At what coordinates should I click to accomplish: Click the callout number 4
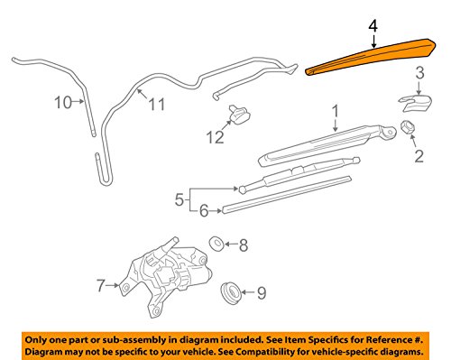coord(373,26)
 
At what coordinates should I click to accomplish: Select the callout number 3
coord(419,73)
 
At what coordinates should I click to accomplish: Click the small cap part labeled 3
coord(416,103)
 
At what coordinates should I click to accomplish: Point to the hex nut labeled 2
coord(409,127)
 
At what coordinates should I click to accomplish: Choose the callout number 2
coord(419,156)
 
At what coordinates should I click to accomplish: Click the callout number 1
coord(335,111)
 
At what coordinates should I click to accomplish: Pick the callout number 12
coord(216,137)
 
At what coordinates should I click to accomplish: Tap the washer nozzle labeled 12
coord(239,115)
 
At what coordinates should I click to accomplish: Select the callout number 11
coord(157,105)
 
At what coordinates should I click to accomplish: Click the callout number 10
coord(63,102)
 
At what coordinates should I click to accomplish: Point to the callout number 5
coord(179,199)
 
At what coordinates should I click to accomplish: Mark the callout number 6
coord(204,210)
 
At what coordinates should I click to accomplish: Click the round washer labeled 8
coord(216,244)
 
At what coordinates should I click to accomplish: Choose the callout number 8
coord(244,245)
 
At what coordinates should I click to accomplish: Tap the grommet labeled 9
coord(230,292)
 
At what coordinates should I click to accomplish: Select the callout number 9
coord(262,292)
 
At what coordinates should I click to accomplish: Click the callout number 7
coord(101,285)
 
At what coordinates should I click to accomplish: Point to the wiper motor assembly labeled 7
coord(166,278)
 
